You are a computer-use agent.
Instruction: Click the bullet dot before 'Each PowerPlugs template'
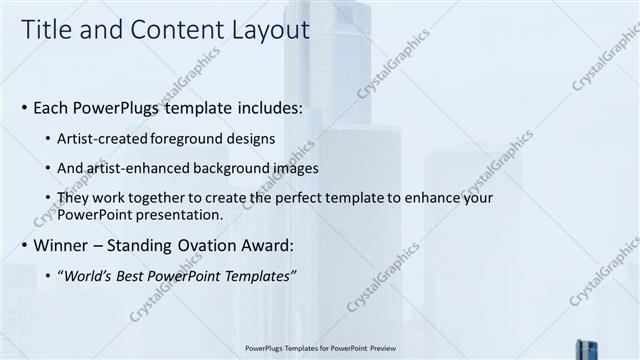24,106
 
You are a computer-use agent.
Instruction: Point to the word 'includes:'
267,106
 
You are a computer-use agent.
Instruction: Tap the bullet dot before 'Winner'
24,244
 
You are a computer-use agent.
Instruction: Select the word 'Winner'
63,244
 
